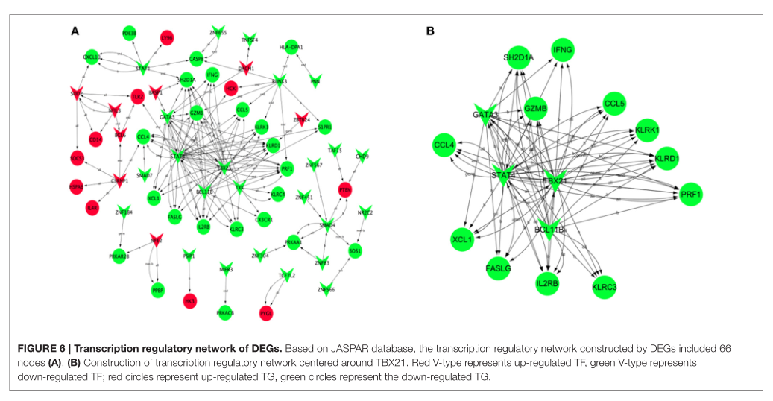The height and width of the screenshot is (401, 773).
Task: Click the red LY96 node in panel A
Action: click(167, 37)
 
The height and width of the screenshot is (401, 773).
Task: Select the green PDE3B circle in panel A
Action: click(129, 34)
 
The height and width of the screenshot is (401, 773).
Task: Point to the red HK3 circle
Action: click(190, 300)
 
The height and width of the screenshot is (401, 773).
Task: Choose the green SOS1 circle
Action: click(355, 251)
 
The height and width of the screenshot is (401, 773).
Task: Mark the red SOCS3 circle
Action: click(76, 160)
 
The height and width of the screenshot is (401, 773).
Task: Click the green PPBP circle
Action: click(157, 291)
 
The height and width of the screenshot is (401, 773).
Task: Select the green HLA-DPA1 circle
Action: click(291, 47)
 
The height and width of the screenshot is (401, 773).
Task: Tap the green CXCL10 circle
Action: click(92, 57)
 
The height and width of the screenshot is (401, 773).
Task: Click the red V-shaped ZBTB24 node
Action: click(301, 119)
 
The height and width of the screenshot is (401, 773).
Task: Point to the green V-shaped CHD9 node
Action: click(362, 156)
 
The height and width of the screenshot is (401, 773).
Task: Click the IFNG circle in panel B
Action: click(563, 51)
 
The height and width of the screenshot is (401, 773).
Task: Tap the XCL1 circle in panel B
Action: click(464, 240)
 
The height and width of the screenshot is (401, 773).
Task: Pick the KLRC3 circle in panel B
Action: click(604, 286)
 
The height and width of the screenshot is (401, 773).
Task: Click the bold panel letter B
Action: click(430, 31)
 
